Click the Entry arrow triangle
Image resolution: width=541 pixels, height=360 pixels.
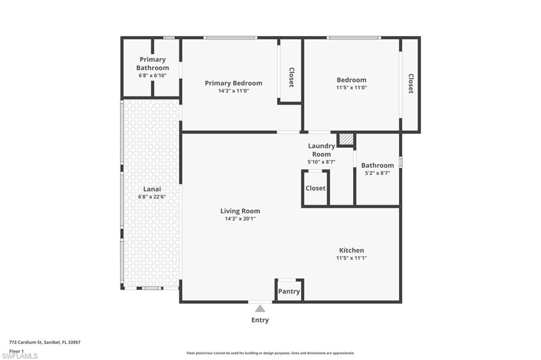(x=260, y=308)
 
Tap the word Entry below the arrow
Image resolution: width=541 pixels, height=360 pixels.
(x=260, y=320)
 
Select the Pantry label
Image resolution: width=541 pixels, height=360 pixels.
(x=289, y=291)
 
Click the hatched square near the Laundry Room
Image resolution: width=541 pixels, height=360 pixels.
(x=346, y=139)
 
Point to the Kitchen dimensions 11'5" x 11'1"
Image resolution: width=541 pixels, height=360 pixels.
(x=351, y=258)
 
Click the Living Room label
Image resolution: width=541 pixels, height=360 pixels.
(x=240, y=211)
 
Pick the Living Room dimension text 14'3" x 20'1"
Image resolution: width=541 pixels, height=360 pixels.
(x=240, y=219)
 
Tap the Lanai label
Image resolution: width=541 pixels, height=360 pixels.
(x=152, y=189)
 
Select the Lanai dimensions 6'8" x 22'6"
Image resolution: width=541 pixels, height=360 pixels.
(x=152, y=197)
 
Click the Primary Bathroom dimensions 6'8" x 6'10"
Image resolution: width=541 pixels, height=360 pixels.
(x=153, y=75)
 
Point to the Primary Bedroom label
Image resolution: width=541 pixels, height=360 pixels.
(x=234, y=83)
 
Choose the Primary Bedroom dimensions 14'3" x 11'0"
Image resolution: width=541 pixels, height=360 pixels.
(x=234, y=91)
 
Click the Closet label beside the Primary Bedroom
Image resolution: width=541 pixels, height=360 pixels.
(x=292, y=77)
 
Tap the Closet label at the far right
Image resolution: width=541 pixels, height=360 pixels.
(x=411, y=83)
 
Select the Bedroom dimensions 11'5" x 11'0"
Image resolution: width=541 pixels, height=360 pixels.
(x=351, y=88)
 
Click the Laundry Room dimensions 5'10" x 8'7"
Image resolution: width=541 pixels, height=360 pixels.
(x=322, y=162)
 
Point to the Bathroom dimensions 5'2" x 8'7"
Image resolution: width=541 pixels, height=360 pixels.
(x=377, y=173)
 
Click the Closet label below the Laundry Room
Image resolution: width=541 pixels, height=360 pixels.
(x=315, y=188)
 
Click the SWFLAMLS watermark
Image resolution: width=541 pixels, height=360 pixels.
(x=20, y=356)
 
